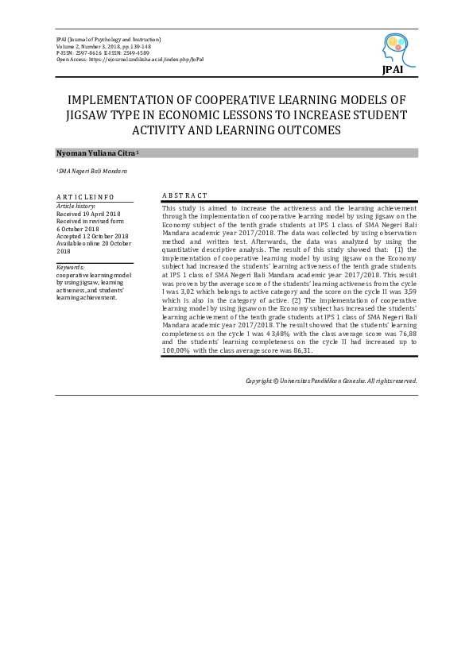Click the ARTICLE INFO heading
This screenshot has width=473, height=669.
tap(85, 196)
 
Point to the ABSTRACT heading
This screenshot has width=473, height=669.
tap(184, 195)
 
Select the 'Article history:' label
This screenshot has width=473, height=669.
tap(76, 206)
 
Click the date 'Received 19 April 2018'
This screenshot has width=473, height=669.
tap(88, 214)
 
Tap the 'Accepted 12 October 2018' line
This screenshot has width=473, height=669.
tap(91, 236)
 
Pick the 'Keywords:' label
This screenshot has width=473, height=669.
tap(70, 268)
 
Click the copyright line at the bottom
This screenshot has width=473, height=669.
tap(331, 381)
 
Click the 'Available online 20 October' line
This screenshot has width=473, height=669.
tap(91, 243)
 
